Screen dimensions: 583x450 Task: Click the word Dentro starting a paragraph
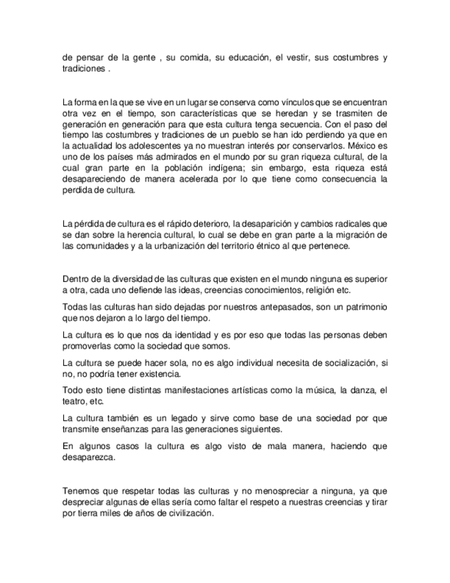click(76, 279)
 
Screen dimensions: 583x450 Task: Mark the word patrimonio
click(363, 307)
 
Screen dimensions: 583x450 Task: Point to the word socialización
click(339, 363)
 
